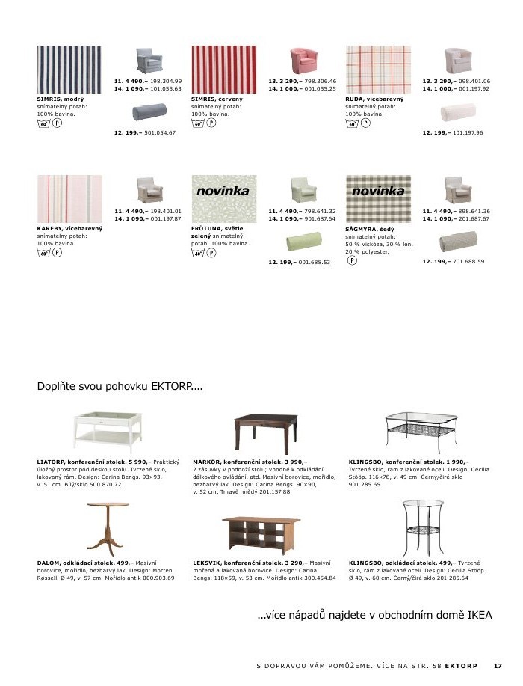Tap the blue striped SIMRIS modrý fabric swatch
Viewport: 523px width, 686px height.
[69, 69]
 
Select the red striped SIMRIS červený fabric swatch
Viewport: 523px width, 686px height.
[223, 69]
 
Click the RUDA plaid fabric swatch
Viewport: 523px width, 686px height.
[378, 69]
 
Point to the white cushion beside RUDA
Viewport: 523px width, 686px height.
[457, 113]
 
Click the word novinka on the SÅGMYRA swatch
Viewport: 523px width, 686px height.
[377, 192]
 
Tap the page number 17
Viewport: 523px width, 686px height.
[498, 665]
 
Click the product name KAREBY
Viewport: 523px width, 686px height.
[50, 228]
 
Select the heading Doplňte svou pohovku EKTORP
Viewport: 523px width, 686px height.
[120, 387]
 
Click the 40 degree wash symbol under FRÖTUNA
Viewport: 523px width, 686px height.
[198, 254]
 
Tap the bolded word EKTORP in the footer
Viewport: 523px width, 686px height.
[461, 665]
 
